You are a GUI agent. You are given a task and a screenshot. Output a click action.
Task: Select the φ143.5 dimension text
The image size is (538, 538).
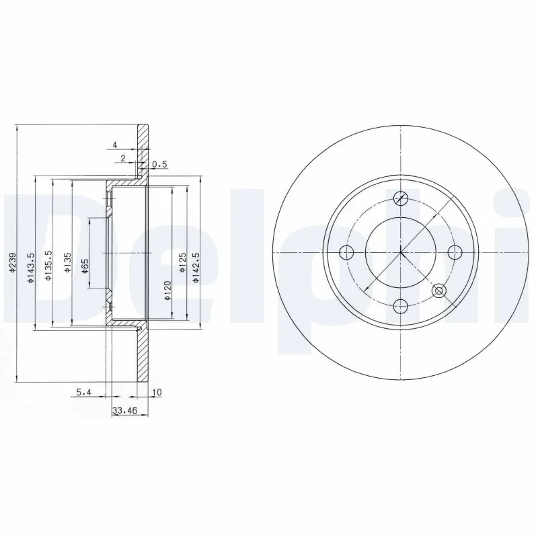(30, 268)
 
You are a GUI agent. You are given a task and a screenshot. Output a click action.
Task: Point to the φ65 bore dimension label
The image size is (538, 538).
(85, 266)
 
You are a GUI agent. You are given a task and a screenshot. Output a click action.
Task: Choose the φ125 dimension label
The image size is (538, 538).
(182, 263)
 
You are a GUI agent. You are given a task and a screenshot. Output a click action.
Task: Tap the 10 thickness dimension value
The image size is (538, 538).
(157, 391)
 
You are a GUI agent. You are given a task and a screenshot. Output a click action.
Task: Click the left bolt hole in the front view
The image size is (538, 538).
(346, 253)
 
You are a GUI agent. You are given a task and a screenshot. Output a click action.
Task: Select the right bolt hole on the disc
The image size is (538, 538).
(455, 253)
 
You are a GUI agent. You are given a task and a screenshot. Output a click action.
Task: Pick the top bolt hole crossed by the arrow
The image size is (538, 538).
(401, 198)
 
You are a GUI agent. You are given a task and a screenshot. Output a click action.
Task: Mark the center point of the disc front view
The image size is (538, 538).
(401, 253)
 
